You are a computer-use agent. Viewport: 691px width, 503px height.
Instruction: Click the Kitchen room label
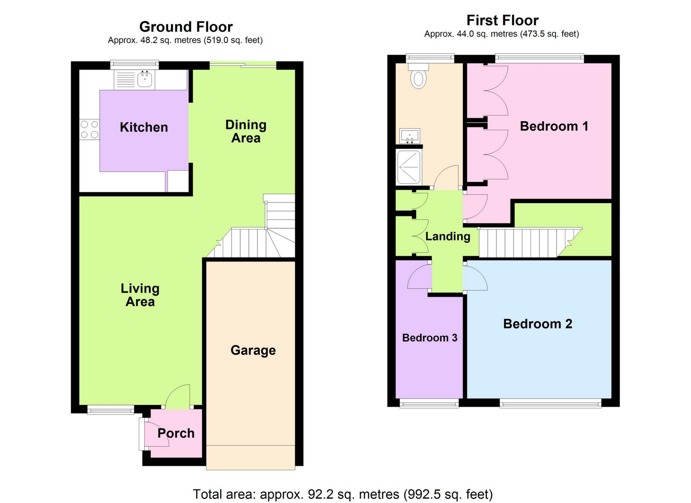(x=144, y=127)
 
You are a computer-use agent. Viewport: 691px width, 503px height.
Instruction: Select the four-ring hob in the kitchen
(x=89, y=129)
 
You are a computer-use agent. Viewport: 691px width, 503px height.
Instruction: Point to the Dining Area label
(x=246, y=131)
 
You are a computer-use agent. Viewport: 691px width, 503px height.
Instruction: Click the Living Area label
(x=140, y=295)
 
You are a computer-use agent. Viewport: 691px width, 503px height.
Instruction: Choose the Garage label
(x=253, y=350)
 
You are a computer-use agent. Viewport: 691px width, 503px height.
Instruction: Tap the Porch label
(x=176, y=433)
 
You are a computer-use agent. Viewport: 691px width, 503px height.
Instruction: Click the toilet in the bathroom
(x=418, y=78)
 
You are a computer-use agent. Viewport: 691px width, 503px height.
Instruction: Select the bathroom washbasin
(x=409, y=137)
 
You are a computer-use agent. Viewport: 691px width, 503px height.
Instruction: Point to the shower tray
(x=409, y=167)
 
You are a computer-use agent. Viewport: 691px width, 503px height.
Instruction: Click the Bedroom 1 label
(x=554, y=126)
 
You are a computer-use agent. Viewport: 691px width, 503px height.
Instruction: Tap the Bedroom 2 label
(x=537, y=324)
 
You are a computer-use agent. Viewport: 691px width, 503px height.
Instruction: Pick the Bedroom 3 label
(x=430, y=338)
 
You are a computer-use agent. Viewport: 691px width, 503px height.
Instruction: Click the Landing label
(x=448, y=236)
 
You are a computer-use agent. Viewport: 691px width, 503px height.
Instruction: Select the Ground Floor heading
(x=186, y=27)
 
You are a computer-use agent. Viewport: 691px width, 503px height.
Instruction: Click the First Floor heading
(x=502, y=20)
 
